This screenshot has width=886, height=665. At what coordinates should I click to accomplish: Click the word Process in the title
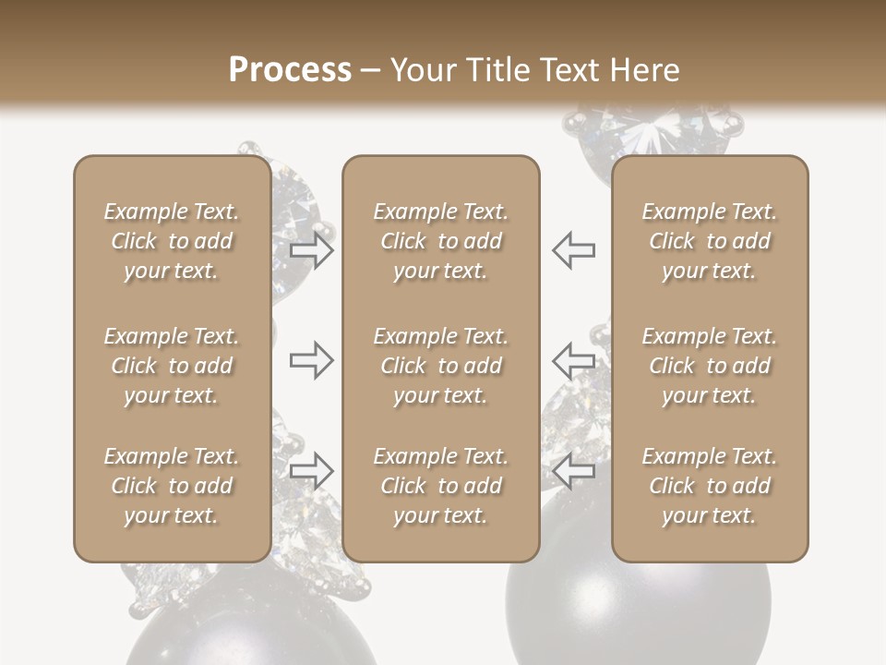point(290,70)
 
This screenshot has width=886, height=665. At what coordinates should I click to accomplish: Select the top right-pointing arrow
point(311,250)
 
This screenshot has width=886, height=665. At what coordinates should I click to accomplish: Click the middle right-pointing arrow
point(311,359)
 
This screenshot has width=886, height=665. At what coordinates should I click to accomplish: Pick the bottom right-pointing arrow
point(311,470)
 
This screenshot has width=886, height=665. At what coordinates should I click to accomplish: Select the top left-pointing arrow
point(573,250)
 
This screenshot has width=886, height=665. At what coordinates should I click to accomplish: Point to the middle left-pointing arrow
point(573,359)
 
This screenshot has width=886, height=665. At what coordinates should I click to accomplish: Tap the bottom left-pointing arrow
point(573,470)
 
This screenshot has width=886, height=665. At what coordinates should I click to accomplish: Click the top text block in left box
point(172,241)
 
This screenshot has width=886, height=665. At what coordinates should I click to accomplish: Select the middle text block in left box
point(172,366)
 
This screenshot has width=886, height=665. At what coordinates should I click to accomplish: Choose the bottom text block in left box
point(172,486)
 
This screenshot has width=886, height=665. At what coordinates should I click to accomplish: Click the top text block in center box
point(441,241)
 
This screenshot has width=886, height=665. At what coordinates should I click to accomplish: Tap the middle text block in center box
point(441,366)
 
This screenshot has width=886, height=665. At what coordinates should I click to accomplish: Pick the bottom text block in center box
point(441,486)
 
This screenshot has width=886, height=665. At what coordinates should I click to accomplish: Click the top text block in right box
point(710,241)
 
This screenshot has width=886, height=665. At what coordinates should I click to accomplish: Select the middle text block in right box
point(710,366)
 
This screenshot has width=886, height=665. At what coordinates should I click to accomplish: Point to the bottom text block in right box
point(710,486)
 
